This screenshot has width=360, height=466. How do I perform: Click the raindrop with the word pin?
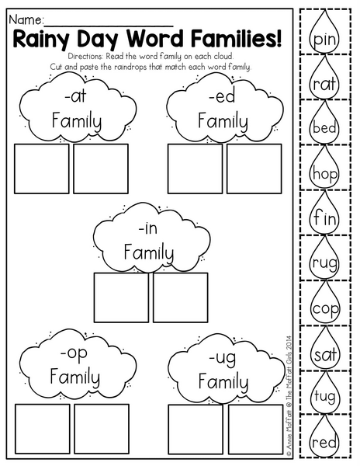coord(324,33)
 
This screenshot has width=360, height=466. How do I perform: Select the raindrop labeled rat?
coord(324,78)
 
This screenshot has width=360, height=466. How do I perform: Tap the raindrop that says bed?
coord(324,123)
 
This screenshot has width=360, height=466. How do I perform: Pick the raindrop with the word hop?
coord(324,169)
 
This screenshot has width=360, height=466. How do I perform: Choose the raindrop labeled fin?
coord(324,214)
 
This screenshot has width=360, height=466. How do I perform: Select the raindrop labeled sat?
coord(324,349)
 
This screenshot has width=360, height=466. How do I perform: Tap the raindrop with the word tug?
coord(324,393)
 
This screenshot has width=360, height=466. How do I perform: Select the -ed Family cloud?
coord(225,109)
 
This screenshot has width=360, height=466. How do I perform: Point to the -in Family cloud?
coord(151,238)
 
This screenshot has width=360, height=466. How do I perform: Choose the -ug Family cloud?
coord(226,368)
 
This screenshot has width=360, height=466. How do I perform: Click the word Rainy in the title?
coord(42,40)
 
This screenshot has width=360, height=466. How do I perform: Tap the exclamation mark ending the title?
coord(279,39)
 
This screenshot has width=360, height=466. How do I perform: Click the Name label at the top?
coord(26,20)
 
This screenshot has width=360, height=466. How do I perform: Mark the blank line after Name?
coord(109,26)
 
